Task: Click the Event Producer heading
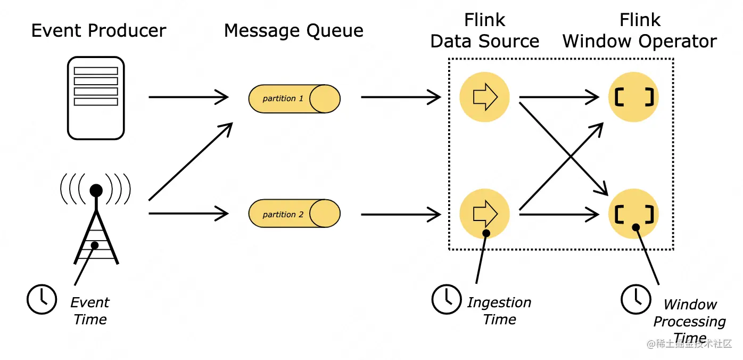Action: click(x=98, y=30)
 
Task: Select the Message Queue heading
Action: click(x=293, y=30)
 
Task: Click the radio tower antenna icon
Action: click(x=96, y=224)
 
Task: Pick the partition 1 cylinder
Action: click(x=294, y=98)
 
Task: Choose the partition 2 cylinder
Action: click(x=294, y=214)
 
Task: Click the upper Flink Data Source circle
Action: click(x=484, y=97)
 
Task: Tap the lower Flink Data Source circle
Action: click(x=484, y=214)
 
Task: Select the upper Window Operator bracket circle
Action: click(x=633, y=97)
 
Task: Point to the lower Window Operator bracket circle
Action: click(x=633, y=214)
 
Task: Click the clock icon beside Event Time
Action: click(x=42, y=299)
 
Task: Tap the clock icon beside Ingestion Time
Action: click(x=447, y=299)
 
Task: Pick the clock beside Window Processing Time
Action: click(x=636, y=299)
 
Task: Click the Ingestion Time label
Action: click(x=499, y=311)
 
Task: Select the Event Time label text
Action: click(x=90, y=311)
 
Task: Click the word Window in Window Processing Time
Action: click(x=690, y=305)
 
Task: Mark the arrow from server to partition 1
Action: click(x=188, y=97)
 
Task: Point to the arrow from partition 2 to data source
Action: click(x=401, y=214)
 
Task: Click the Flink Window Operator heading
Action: click(x=640, y=30)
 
